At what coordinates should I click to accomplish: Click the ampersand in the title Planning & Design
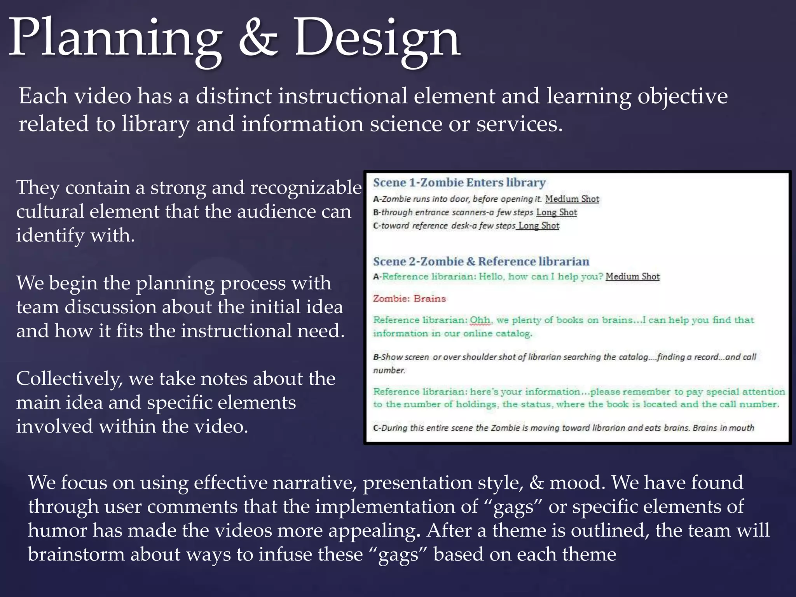click(x=258, y=39)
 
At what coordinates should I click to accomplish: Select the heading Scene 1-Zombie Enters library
click(x=459, y=182)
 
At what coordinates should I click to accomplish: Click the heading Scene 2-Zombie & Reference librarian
click(x=481, y=261)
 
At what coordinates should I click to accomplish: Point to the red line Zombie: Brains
click(x=409, y=298)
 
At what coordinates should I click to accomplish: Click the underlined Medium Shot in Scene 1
click(x=572, y=199)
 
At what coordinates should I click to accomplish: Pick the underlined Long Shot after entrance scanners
click(x=557, y=212)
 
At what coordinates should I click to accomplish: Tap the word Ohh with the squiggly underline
click(x=480, y=320)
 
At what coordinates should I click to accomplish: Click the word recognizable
click(x=306, y=188)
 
